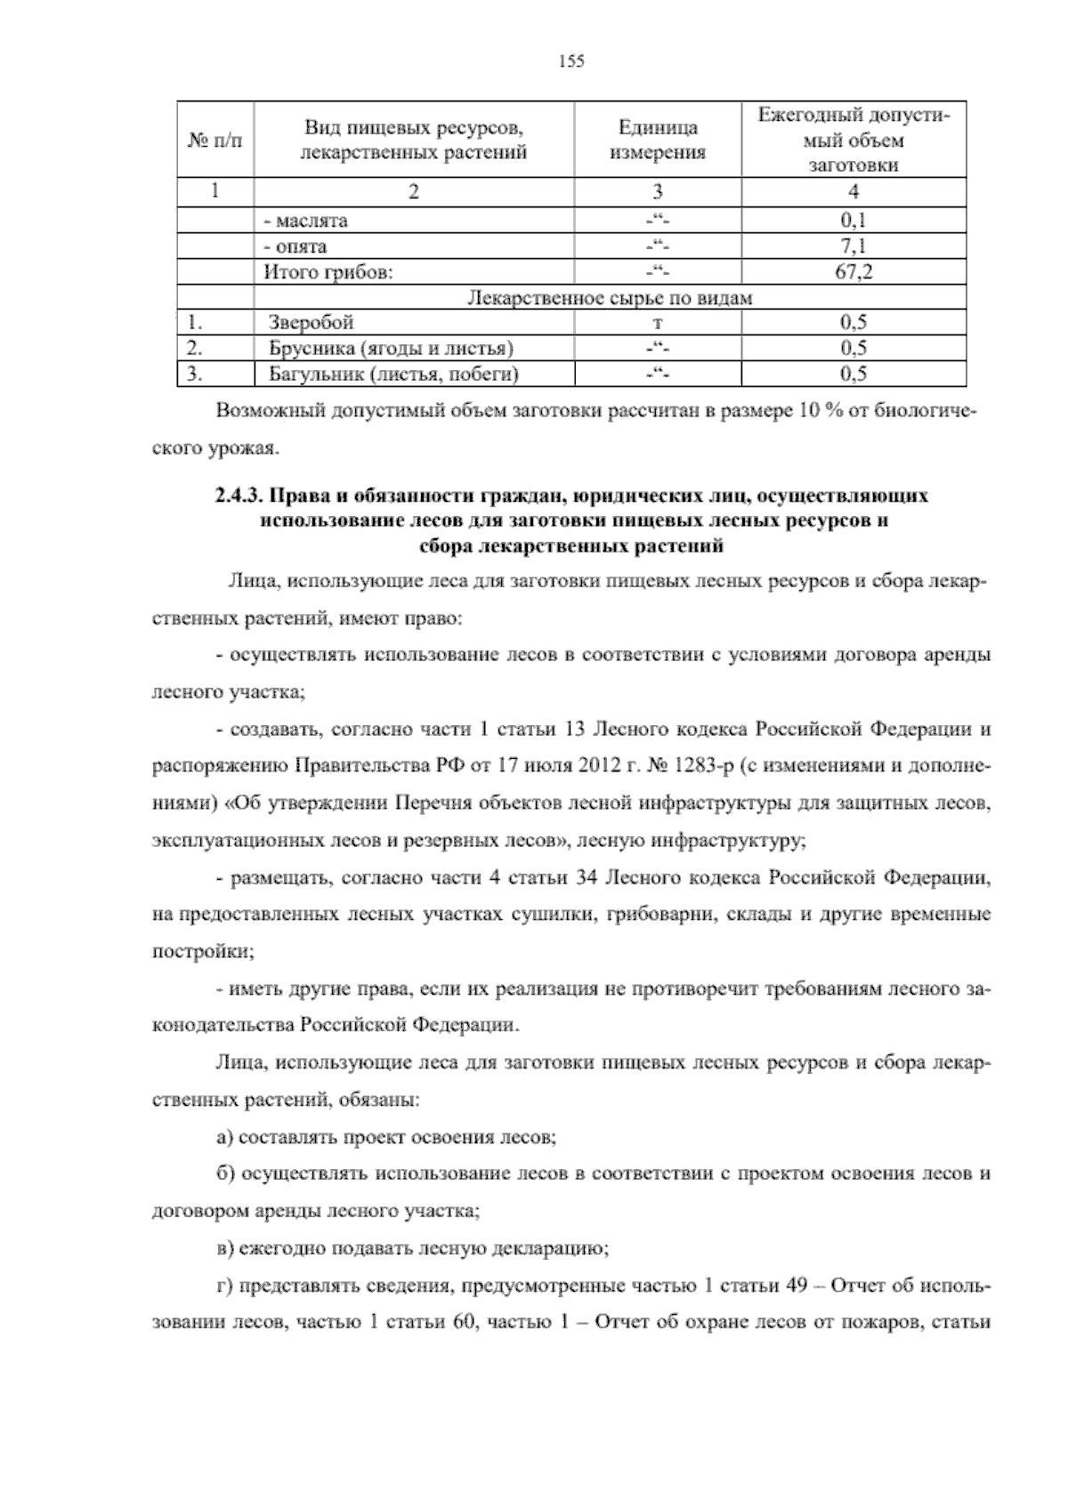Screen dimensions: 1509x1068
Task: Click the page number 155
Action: [570, 61]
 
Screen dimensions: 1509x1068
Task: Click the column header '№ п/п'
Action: [215, 141]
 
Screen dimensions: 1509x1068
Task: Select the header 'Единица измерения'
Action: [658, 141]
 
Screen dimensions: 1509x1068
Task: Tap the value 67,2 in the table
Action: [854, 272]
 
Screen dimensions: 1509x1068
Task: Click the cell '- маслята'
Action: [305, 221]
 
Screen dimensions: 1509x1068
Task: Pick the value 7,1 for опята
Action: [854, 246]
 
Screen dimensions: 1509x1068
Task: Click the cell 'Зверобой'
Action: [311, 322]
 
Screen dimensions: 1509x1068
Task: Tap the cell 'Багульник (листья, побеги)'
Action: [393, 374]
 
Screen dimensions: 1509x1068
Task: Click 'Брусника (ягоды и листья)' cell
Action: [391, 348]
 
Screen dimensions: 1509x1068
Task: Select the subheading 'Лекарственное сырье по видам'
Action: [610, 298]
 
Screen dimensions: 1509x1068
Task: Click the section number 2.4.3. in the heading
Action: [239, 496]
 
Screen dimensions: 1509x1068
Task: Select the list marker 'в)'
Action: [226, 1248]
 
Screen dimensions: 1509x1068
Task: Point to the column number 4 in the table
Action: [854, 192]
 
